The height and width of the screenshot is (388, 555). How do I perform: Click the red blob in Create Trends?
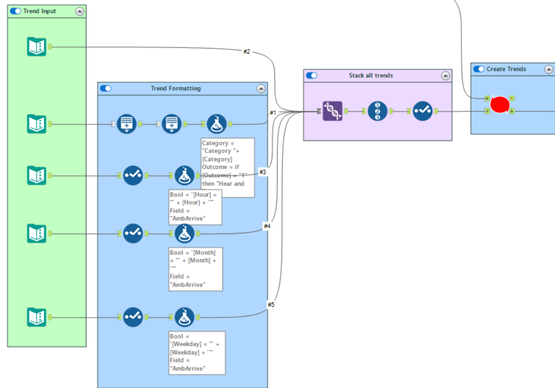click(x=499, y=105)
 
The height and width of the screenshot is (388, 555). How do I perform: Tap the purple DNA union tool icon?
click(x=332, y=111)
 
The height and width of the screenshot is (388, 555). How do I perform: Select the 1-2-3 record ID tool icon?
click(x=377, y=111)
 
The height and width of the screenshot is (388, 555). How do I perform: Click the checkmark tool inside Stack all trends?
click(x=422, y=111)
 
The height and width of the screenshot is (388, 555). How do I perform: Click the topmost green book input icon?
click(x=37, y=47)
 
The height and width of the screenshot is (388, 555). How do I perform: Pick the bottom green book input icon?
click(x=37, y=317)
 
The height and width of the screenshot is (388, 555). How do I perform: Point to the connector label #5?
click(x=271, y=305)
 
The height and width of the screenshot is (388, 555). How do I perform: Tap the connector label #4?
click(x=267, y=226)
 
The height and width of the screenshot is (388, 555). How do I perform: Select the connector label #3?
click(x=263, y=172)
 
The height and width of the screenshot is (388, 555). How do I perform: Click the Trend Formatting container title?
click(x=176, y=89)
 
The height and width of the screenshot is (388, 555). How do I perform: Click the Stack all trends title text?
click(x=371, y=76)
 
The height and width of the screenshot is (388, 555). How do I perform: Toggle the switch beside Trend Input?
click(x=15, y=11)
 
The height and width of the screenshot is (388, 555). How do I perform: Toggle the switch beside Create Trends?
click(x=479, y=69)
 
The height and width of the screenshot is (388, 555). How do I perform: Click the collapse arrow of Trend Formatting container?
click(x=261, y=89)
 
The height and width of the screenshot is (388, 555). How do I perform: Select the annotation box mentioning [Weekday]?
click(x=197, y=352)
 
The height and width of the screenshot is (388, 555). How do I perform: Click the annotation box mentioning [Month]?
click(x=196, y=269)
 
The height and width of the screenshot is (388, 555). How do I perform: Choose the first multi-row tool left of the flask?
click(x=126, y=124)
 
